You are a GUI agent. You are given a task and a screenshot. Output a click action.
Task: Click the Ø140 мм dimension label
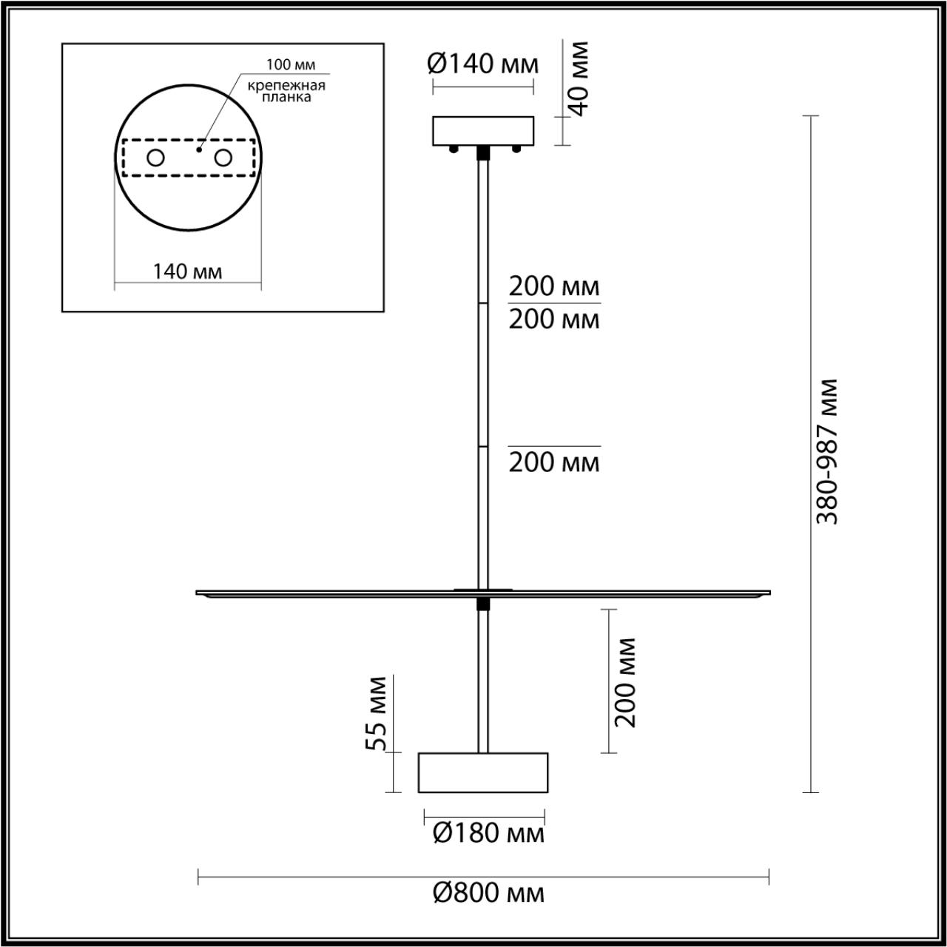click(x=483, y=64)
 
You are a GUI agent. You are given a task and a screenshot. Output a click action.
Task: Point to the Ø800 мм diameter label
click(x=488, y=894)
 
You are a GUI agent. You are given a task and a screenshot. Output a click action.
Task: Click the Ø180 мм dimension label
click(x=488, y=834)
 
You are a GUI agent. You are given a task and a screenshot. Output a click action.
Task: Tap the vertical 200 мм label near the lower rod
click(x=626, y=681)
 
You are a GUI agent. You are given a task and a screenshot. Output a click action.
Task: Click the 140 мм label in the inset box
click(x=187, y=272)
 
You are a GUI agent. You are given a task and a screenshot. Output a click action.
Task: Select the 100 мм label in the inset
click(x=286, y=64)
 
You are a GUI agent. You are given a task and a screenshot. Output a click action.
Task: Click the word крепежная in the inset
click(x=287, y=85)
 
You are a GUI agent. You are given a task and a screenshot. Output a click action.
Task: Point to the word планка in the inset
click(x=286, y=98)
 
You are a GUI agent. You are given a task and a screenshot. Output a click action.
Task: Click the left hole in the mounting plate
click(x=155, y=158)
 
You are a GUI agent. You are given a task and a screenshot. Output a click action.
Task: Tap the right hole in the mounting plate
click(x=223, y=158)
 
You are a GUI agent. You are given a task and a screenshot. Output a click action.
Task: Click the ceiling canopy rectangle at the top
click(x=483, y=130)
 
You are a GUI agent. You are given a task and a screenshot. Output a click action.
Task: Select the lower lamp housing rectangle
click(x=483, y=772)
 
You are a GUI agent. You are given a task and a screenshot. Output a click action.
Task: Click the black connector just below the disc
click(x=483, y=604)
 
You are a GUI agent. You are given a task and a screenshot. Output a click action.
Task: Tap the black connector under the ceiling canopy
click(x=483, y=152)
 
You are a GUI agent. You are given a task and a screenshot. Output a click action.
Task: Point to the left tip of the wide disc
click(x=198, y=592)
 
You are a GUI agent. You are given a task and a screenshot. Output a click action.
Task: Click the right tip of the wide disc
click(x=769, y=592)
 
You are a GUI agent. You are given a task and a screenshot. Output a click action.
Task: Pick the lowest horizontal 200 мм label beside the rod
click(x=553, y=462)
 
